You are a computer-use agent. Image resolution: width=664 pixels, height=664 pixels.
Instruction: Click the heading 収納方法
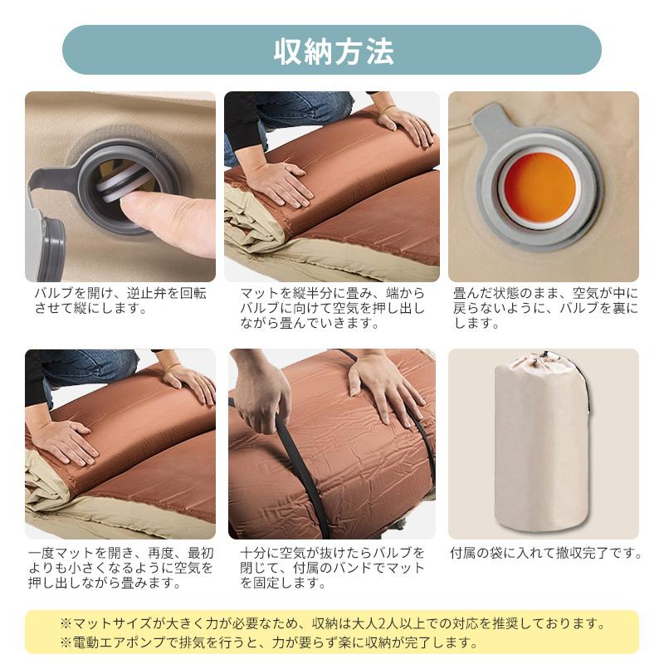pos(334,51)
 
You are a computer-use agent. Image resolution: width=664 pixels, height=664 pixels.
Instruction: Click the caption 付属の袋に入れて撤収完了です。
pos(546,553)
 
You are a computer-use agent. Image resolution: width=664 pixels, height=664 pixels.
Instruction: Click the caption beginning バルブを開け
pos(120,300)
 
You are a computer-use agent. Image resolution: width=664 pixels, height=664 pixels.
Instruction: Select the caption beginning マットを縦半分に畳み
pos(332,308)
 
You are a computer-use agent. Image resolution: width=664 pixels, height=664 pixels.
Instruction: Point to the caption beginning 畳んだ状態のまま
pos(545,308)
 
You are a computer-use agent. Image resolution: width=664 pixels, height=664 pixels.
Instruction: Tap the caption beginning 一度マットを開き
pos(121,568)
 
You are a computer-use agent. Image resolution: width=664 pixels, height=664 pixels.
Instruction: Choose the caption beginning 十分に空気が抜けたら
pos(332,568)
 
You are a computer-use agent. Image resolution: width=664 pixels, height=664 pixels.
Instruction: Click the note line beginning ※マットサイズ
pos(333,623)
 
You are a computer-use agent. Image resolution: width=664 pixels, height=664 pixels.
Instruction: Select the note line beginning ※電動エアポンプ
pos(268,642)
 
